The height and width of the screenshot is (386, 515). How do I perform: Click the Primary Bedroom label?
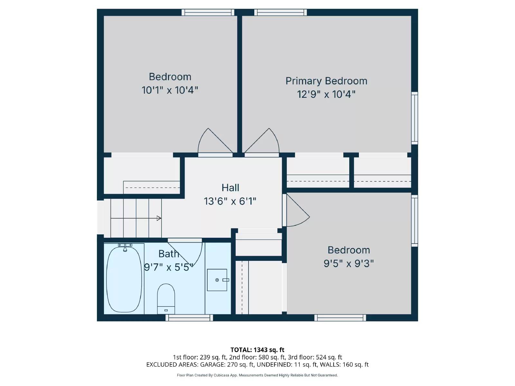[326, 81]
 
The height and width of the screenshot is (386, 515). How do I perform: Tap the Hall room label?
[230, 188]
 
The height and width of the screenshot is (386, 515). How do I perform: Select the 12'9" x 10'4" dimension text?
[326, 94]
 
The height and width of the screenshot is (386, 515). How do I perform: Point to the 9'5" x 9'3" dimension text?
[348, 263]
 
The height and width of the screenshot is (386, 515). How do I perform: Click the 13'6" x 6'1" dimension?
[230, 201]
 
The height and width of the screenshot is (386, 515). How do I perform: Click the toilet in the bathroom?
[166, 299]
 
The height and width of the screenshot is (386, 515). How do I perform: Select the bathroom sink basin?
[217, 280]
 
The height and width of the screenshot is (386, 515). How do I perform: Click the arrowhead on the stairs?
[159, 218]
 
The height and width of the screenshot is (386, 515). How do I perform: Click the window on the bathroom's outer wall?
[189, 318]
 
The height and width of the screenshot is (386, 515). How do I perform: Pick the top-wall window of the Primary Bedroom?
[280, 13]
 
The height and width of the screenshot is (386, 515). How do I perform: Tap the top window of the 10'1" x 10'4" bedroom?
[208, 13]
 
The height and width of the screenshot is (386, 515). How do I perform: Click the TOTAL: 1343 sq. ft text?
[257, 350]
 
